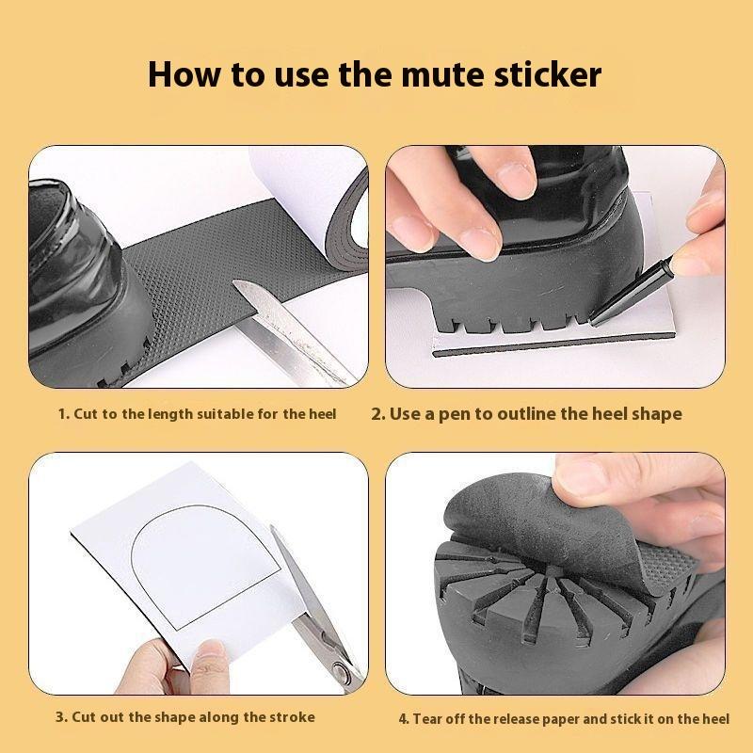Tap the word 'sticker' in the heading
click(x=548, y=74)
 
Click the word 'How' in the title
click(x=185, y=74)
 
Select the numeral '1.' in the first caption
click(x=64, y=414)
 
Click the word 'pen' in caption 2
click(x=455, y=415)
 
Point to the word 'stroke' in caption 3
click(x=292, y=717)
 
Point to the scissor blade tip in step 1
click(x=235, y=283)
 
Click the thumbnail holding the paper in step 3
click(x=207, y=654)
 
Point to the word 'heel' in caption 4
click(x=715, y=719)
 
